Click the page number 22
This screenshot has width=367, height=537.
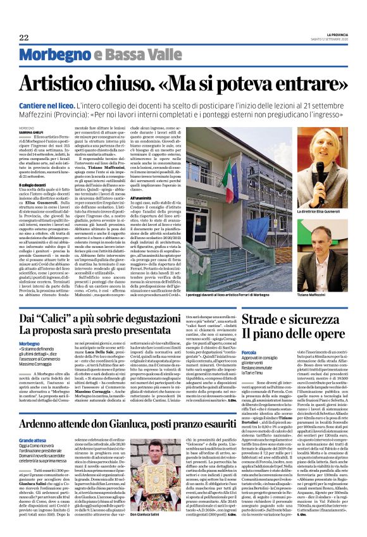(23, 38)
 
